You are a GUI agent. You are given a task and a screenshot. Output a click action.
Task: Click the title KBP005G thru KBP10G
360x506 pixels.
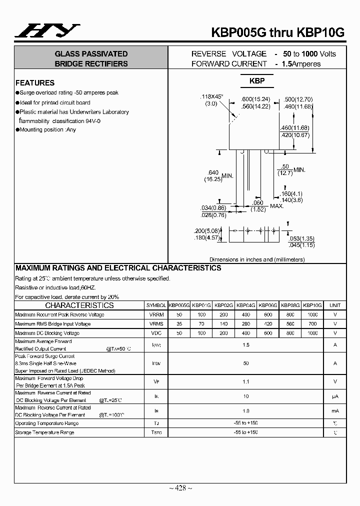click(x=288, y=32)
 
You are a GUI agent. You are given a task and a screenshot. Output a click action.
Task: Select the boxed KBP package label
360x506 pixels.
click(x=257, y=81)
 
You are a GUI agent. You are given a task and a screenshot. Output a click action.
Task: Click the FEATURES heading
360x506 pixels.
click(x=35, y=83)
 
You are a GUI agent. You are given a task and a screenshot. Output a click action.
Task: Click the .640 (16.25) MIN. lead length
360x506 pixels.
click(x=215, y=175)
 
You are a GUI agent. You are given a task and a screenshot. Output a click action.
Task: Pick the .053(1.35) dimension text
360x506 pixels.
click(x=301, y=239)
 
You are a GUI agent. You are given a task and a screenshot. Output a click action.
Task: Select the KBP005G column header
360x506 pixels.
click(x=179, y=305)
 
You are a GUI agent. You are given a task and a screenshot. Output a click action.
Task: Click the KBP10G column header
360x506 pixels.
click(x=313, y=305)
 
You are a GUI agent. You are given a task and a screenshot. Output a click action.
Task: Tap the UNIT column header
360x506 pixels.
click(x=335, y=305)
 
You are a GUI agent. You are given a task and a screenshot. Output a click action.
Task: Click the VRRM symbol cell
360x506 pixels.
click(x=156, y=314)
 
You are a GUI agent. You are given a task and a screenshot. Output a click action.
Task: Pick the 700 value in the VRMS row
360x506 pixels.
click(x=313, y=324)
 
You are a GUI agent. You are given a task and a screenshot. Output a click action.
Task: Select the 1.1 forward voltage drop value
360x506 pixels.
click(x=246, y=381)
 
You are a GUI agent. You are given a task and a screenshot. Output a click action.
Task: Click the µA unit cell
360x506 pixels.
click(x=335, y=396)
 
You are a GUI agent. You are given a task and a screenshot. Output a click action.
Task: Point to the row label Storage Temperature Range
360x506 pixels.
click(x=45, y=432)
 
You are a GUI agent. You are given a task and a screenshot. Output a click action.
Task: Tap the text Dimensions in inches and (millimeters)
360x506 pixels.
click(x=257, y=259)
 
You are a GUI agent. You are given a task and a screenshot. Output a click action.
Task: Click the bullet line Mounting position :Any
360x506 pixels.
click(x=46, y=129)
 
